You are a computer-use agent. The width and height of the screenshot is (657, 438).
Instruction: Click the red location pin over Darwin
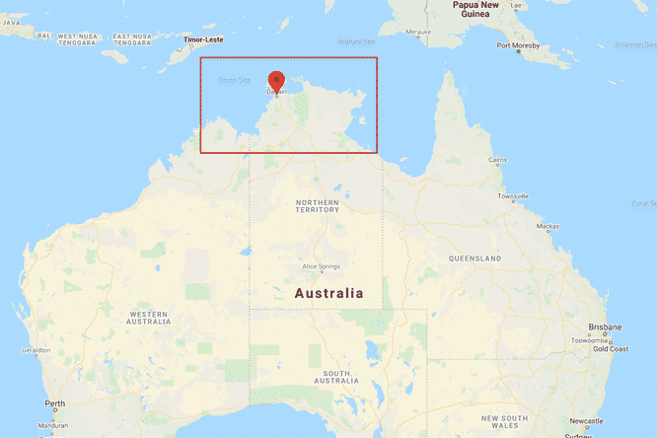click(x=277, y=80)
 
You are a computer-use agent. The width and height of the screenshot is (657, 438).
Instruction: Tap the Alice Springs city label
click(x=321, y=267)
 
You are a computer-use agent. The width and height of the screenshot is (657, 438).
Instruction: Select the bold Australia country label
click(x=328, y=293)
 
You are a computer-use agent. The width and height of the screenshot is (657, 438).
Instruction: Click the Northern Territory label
click(x=317, y=206)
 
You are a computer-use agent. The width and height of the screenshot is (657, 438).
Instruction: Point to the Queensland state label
click(x=475, y=258)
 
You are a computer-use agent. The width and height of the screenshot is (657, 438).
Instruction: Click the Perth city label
click(x=54, y=403)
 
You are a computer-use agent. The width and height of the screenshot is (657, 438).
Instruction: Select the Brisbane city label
click(x=605, y=327)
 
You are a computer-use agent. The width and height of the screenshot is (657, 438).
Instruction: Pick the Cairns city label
click(x=498, y=160)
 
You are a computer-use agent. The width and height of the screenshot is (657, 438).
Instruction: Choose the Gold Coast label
click(x=612, y=348)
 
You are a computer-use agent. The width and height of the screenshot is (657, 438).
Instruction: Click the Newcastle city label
click(x=586, y=421)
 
